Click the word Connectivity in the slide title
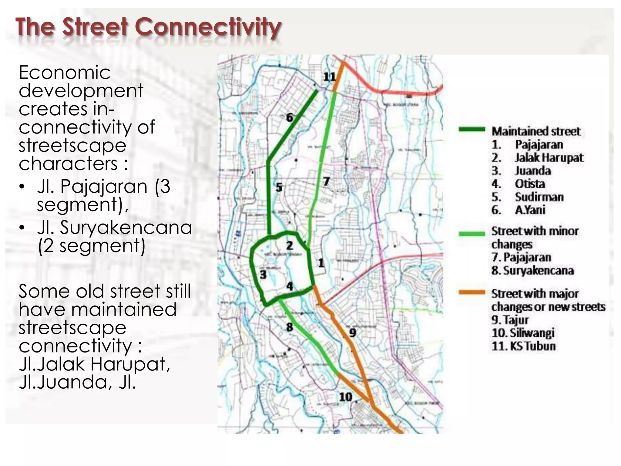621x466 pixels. pyautogui.click(x=208, y=27)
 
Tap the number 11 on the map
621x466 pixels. pyautogui.click(x=329, y=77)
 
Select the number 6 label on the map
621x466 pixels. pyautogui.click(x=290, y=117)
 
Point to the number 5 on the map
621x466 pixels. pyautogui.click(x=279, y=187)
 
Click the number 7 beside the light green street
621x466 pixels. pyautogui.click(x=326, y=181)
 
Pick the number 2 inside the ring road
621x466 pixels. pyautogui.click(x=290, y=245)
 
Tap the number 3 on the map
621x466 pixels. pyautogui.click(x=263, y=275)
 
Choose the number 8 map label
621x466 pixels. pyautogui.click(x=290, y=327)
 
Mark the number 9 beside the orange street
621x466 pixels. pyautogui.click(x=352, y=333)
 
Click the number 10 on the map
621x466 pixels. pyautogui.click(x=345, y=397)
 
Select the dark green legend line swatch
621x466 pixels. pyautogui.click(x=472, y=130)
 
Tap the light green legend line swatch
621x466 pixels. pyautogui.click(x=472, y=234)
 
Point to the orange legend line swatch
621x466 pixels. pyautogui.click(x=472, y=292)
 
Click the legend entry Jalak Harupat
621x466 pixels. pyautogui.click(x=549, y=158)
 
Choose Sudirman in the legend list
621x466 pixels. pyautogui.click(x=539, y=197)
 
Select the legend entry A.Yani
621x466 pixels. pyautogui.click(x=530, y=210)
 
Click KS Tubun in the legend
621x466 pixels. pyautogui.click(x=532, y=346)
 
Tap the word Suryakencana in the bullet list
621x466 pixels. pyautogui.click(x=126, y=228)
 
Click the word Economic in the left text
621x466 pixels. pyautogui.click(x=65, y=73)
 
